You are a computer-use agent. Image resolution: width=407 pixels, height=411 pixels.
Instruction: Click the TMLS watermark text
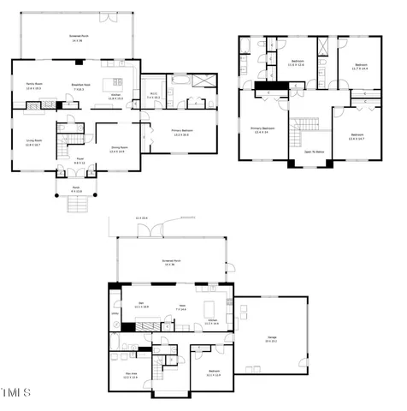[x=15, y=393]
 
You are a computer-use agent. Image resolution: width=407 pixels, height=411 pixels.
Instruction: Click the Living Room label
[x=34, y=143]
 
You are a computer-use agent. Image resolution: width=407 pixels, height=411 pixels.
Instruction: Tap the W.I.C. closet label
[x=154, y=95]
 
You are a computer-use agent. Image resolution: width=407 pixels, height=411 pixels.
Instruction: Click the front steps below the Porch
[x=77, y=205]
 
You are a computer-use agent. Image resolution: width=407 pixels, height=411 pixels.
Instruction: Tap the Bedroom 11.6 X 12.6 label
[x=298, y=63]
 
